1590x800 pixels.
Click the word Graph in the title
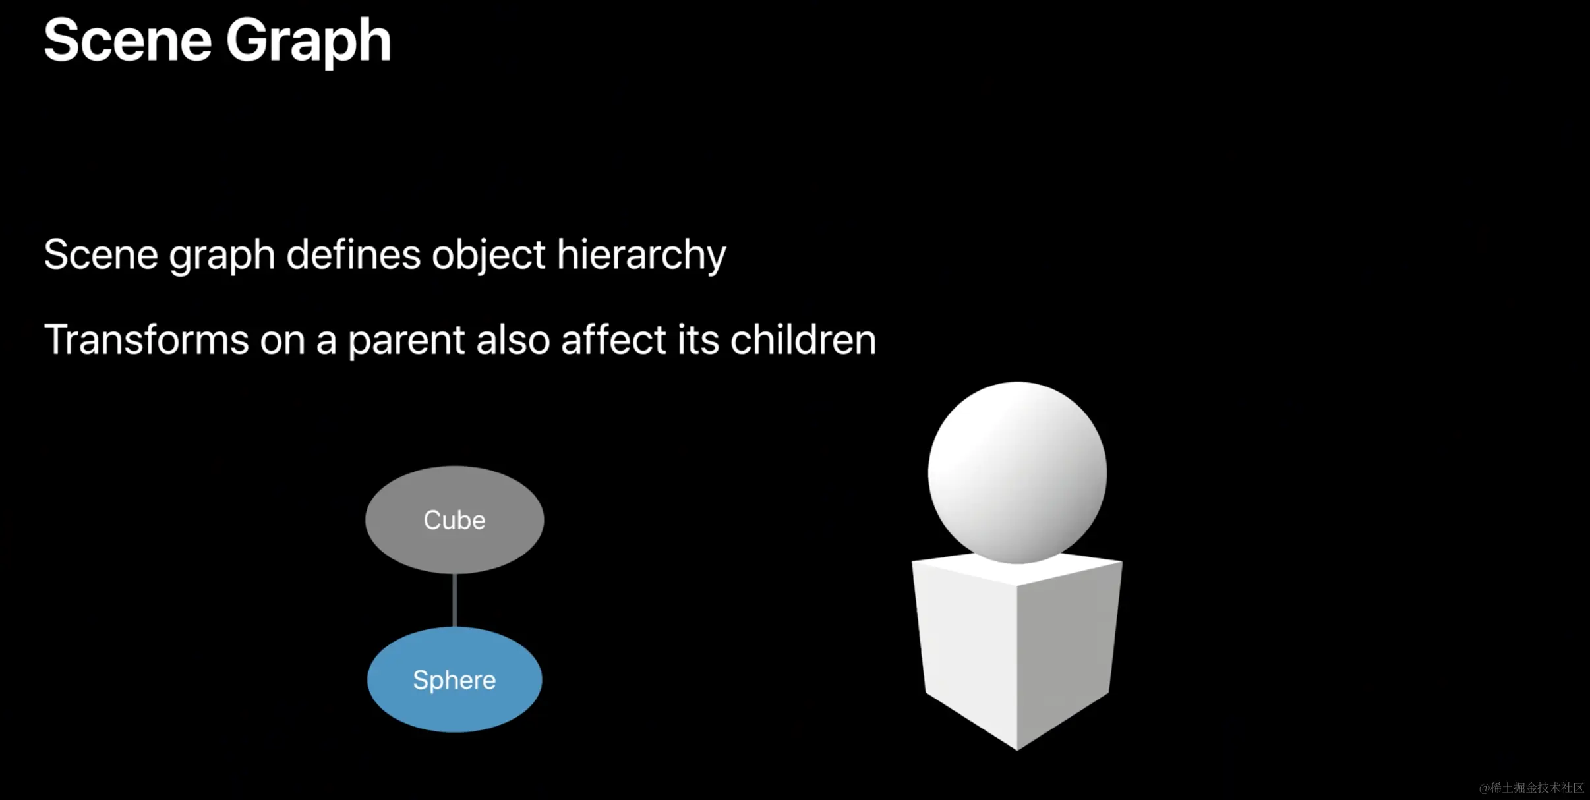pos(309,42)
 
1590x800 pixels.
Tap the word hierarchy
pos(641,256)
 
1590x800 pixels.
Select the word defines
pos(353,254)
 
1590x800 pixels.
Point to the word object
pos(488,256)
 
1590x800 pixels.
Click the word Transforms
pos(146,340)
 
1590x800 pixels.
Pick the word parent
pos(407,341)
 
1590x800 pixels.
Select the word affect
pos(614,340)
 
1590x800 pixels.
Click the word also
pos(513,340)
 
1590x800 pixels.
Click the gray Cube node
pos(455,520)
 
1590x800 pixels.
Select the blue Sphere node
pos(455,679)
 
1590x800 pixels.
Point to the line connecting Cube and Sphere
pos(455,600)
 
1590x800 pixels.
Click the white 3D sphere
pos(1017,472)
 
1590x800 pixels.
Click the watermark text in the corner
pos(1531,787)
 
